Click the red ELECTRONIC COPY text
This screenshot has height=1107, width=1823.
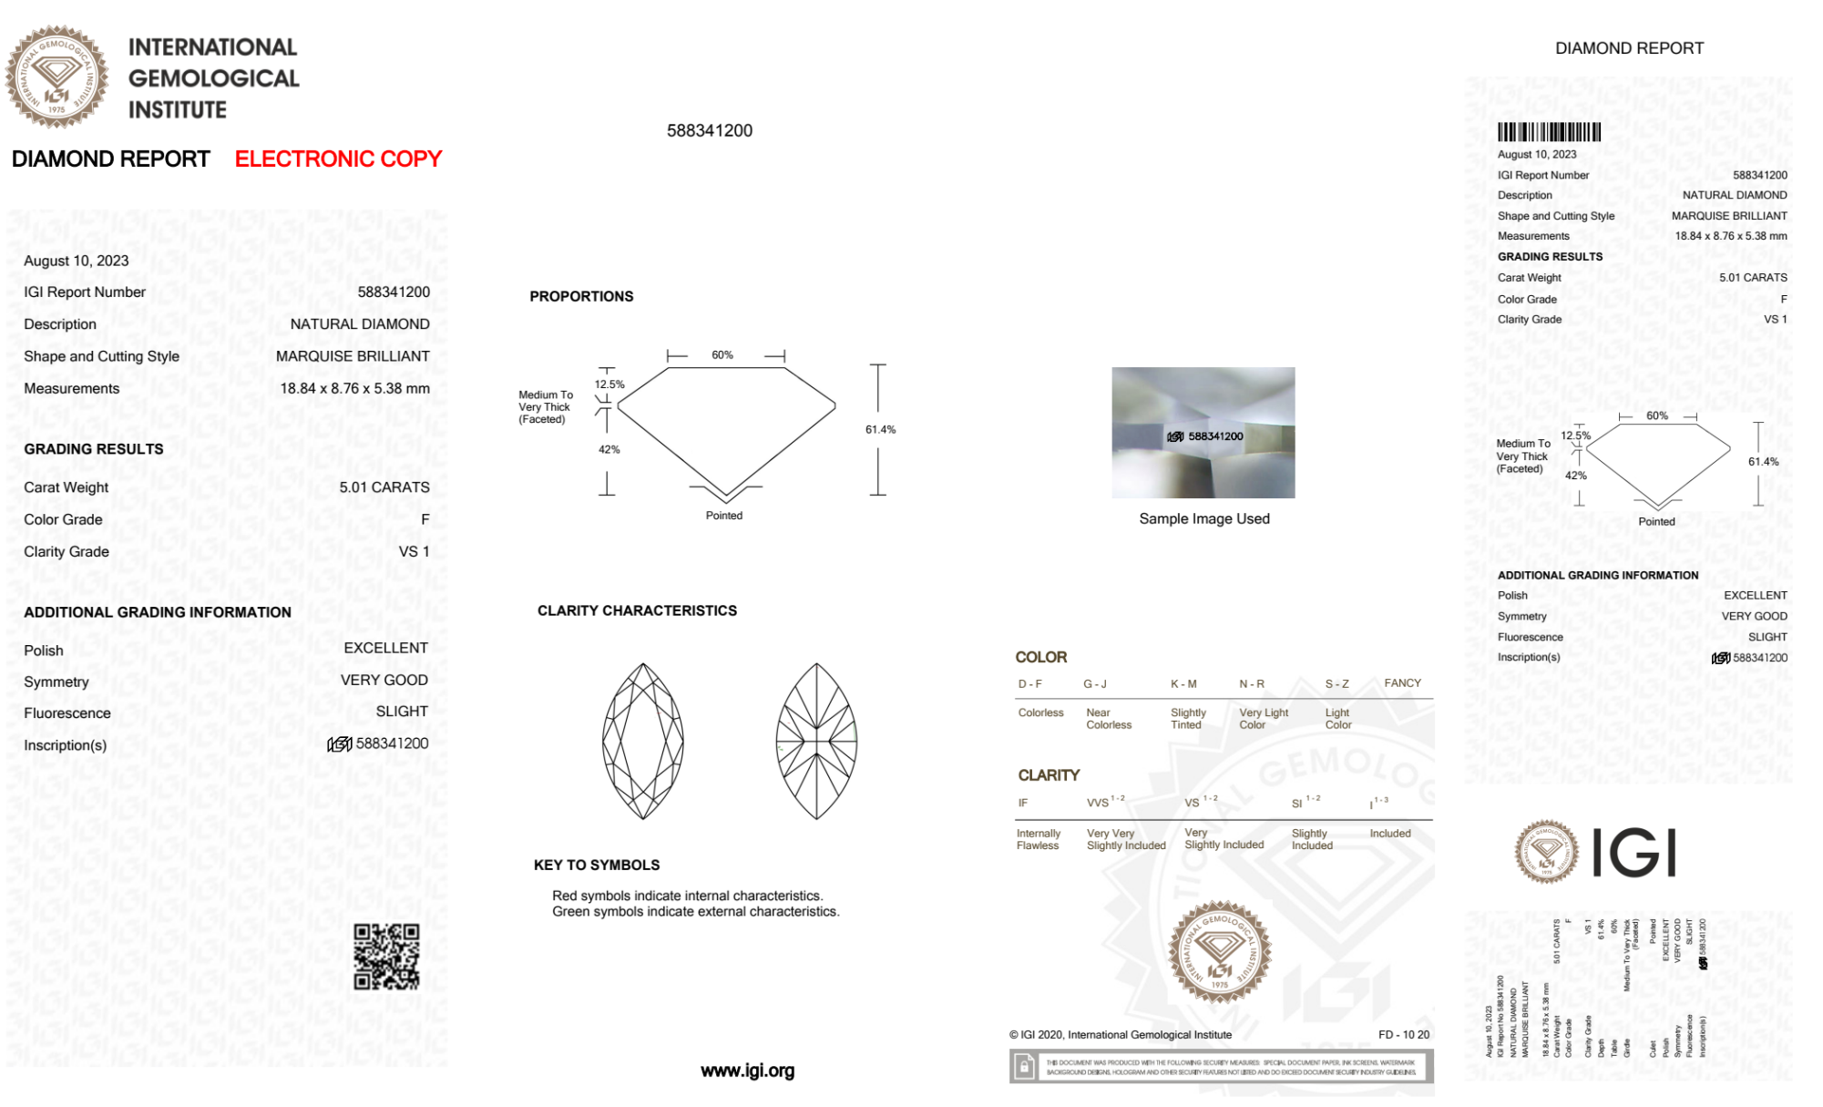click(338, 159)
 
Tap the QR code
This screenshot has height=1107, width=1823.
click(386, 957)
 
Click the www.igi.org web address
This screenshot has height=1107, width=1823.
click(747, 1071)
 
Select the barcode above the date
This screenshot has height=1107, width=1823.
click(1549, 132)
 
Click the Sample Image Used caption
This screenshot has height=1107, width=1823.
click(1203, 519)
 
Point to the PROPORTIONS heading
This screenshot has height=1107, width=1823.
click(581, 297)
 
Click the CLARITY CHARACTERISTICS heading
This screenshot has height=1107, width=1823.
click(637, 611)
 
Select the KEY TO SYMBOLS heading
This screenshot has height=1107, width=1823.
click(597, 866)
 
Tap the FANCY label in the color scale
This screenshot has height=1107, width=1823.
click(1402, 683)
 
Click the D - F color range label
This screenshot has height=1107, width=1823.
click(1029, 684)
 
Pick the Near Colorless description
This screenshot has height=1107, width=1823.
click(1108, 719)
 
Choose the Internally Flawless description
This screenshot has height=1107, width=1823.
click(1038, 840)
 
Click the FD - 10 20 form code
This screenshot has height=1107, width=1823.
click(1403, 1035)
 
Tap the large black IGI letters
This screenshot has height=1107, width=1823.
click(1634, 854)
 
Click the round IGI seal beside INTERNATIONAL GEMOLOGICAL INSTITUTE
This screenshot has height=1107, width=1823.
click(56, 77)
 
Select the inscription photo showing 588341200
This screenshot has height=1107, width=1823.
click(1203, 433)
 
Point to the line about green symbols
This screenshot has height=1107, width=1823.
click(695, 912)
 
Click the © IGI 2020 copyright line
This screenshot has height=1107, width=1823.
click(1120, 1035)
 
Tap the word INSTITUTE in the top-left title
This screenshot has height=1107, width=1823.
click(178, 110)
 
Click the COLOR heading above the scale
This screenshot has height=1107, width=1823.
click(1040, 658)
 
